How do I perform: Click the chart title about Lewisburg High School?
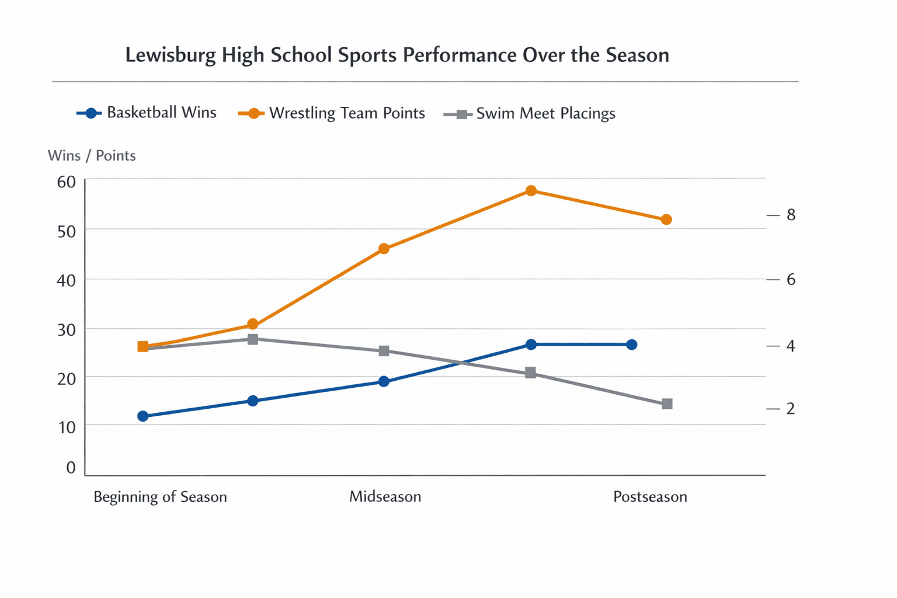397,55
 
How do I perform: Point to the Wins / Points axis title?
92,155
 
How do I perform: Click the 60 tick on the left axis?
67,182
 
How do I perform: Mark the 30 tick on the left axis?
67,330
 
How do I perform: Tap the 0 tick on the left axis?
71,467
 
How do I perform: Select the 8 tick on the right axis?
791,215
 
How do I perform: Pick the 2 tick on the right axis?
791,408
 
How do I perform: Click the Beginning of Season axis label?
160,497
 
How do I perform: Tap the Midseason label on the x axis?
385,497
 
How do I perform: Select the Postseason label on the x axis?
650,497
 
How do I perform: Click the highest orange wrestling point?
531,191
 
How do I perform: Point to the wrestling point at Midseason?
384,249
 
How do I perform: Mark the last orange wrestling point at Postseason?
666,220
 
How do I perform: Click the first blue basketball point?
143,416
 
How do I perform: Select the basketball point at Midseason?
384,381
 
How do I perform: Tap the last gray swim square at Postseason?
667,404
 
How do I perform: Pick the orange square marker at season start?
143,347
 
